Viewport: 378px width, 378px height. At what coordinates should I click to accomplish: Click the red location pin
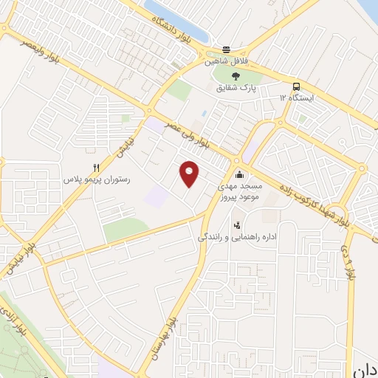pyautogui.click(x=190, y=173)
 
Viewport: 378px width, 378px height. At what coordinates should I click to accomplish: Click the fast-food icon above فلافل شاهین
pyautogui.click(x=227, y=50)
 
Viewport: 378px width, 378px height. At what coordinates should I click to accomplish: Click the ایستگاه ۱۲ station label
pyautogui.click(x=297, y=97)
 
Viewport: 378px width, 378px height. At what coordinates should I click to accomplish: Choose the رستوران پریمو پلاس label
pyautogui.click(x=97, y=179)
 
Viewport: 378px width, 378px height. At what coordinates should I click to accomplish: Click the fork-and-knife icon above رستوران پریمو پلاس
pyautogui.click(x=96, y=168)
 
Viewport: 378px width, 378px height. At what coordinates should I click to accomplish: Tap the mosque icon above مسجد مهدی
pyautogui.click(x=239, y=175)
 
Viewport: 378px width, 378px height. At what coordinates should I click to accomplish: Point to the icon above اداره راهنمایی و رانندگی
pyautogui.click(x=236, y=224)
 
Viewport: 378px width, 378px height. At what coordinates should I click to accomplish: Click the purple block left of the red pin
pyautogui.click(x=157, y=196)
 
